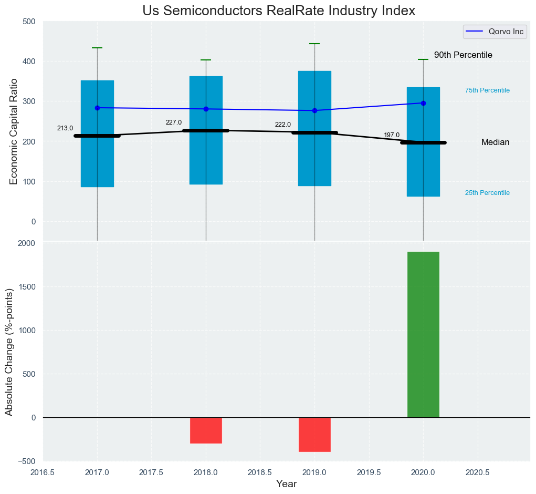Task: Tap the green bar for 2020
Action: coord(423,334)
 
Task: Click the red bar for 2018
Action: coord(206,430)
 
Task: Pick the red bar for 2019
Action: coord(314,435)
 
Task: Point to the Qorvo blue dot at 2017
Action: coord(97,108)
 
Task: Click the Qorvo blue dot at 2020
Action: coord(423,103)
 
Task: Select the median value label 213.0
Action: coord(65,128)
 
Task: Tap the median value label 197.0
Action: coord(392,135)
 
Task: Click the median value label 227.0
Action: coord(174,122)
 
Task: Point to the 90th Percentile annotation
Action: coord(463,55)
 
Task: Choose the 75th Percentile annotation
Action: coord(487,90)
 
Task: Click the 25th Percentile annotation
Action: coord(487,193)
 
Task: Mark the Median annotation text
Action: coord(495,142)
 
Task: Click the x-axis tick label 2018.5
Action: coord(260,473)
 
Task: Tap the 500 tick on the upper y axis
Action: coord(29,22)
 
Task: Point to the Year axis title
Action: coord(286,484)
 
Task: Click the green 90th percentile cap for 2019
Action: coord(314,44)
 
